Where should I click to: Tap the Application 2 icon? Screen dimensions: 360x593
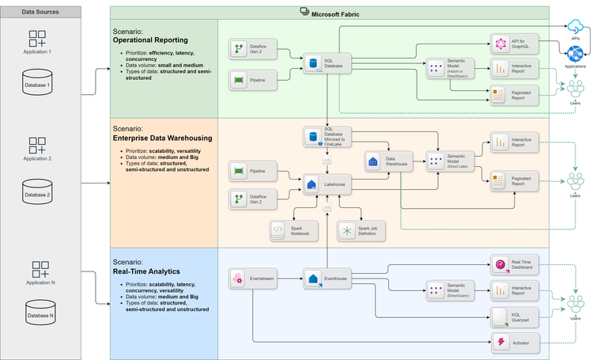38,146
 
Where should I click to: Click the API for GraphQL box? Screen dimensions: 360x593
515,44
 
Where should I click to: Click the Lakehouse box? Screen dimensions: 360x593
327,184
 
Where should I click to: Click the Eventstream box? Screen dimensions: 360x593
253,279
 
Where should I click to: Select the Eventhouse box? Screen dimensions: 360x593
327,279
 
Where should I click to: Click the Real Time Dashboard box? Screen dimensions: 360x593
515,265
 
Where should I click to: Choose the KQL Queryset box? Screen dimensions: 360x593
515,317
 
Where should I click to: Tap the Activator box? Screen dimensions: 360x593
515,343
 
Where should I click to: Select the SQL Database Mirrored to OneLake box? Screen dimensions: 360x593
327,137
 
